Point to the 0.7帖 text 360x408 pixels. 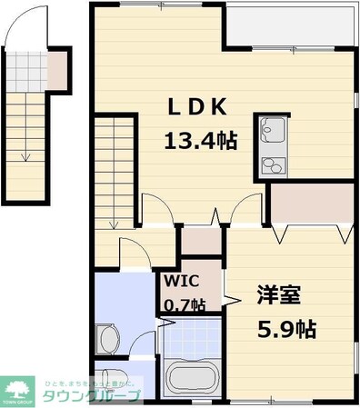point(185,304)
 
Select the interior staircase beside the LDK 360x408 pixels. point(115,173)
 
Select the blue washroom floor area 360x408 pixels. point(125,304)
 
